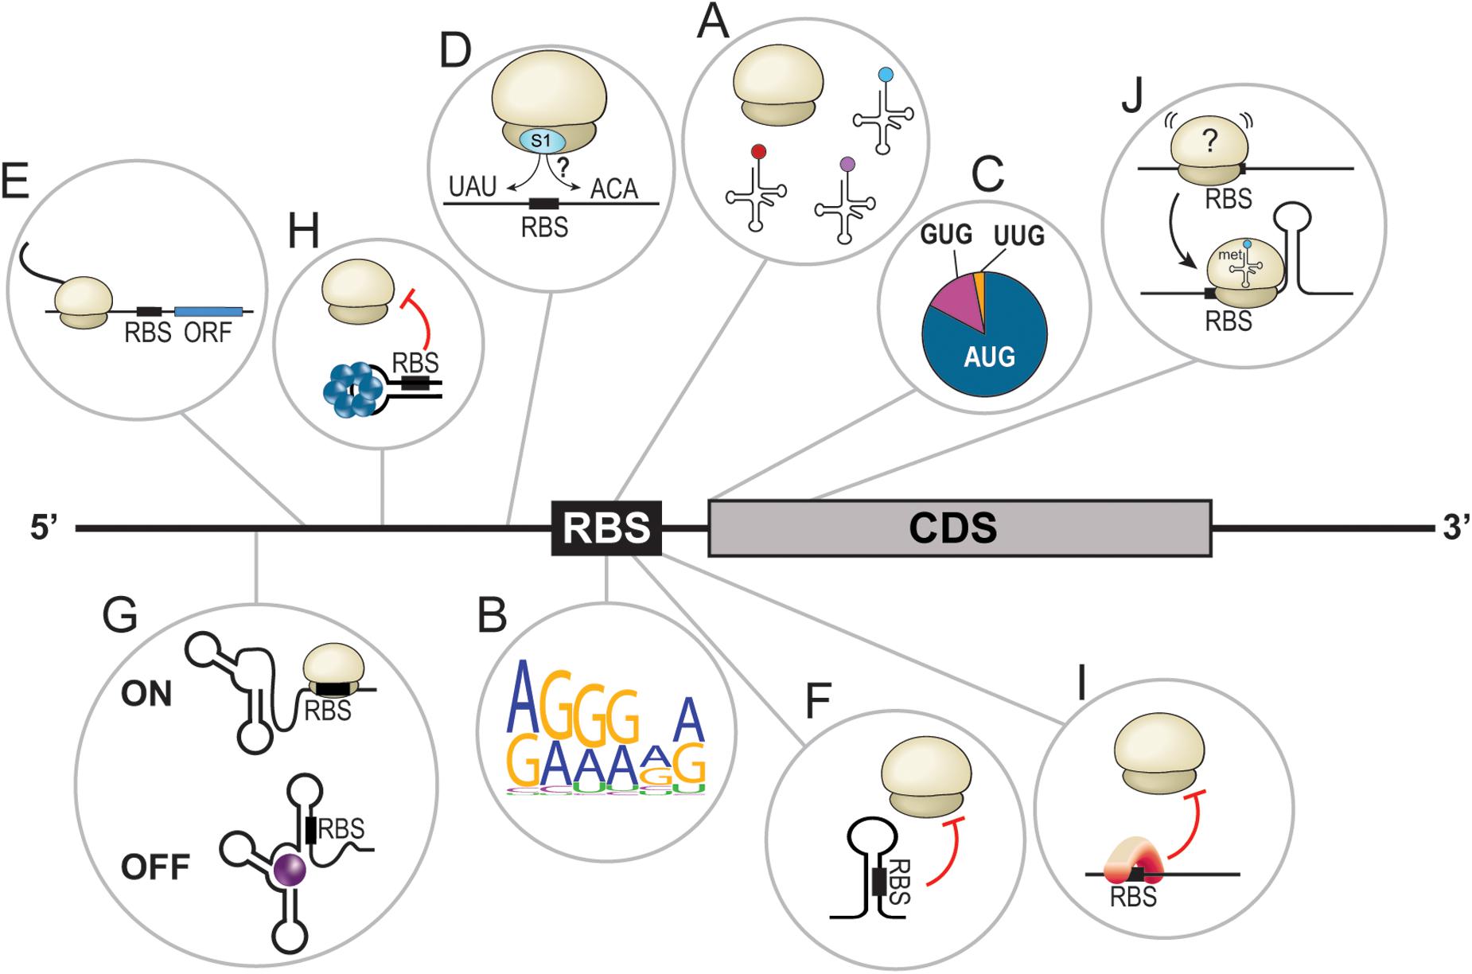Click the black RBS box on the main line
[x=606, y=528]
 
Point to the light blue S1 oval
[x=542, y=141]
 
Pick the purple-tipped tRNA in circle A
[x=845, y=199]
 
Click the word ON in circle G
[x=146, y=694]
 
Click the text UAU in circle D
[x=472, y=188]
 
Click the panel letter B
[x=493, y=616]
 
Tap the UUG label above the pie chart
[x=1018, y=236]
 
